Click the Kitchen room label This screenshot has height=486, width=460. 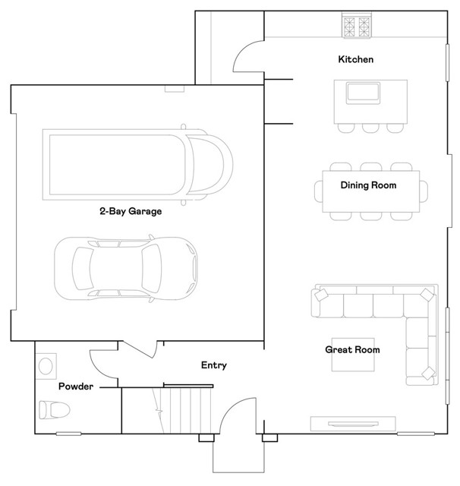click(355, 59)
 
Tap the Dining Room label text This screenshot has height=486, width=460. click(368, 185)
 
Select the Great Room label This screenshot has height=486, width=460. click(352, 350)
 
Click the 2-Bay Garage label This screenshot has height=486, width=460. click(131, 212)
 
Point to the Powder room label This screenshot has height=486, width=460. click(76, 387)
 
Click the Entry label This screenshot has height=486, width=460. click(214, 365)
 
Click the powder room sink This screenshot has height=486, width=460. click(46, 366)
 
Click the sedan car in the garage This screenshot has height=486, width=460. click(126, 267)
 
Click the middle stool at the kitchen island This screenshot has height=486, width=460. click(370, 128)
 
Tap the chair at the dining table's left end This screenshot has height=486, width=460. click(319, 191)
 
